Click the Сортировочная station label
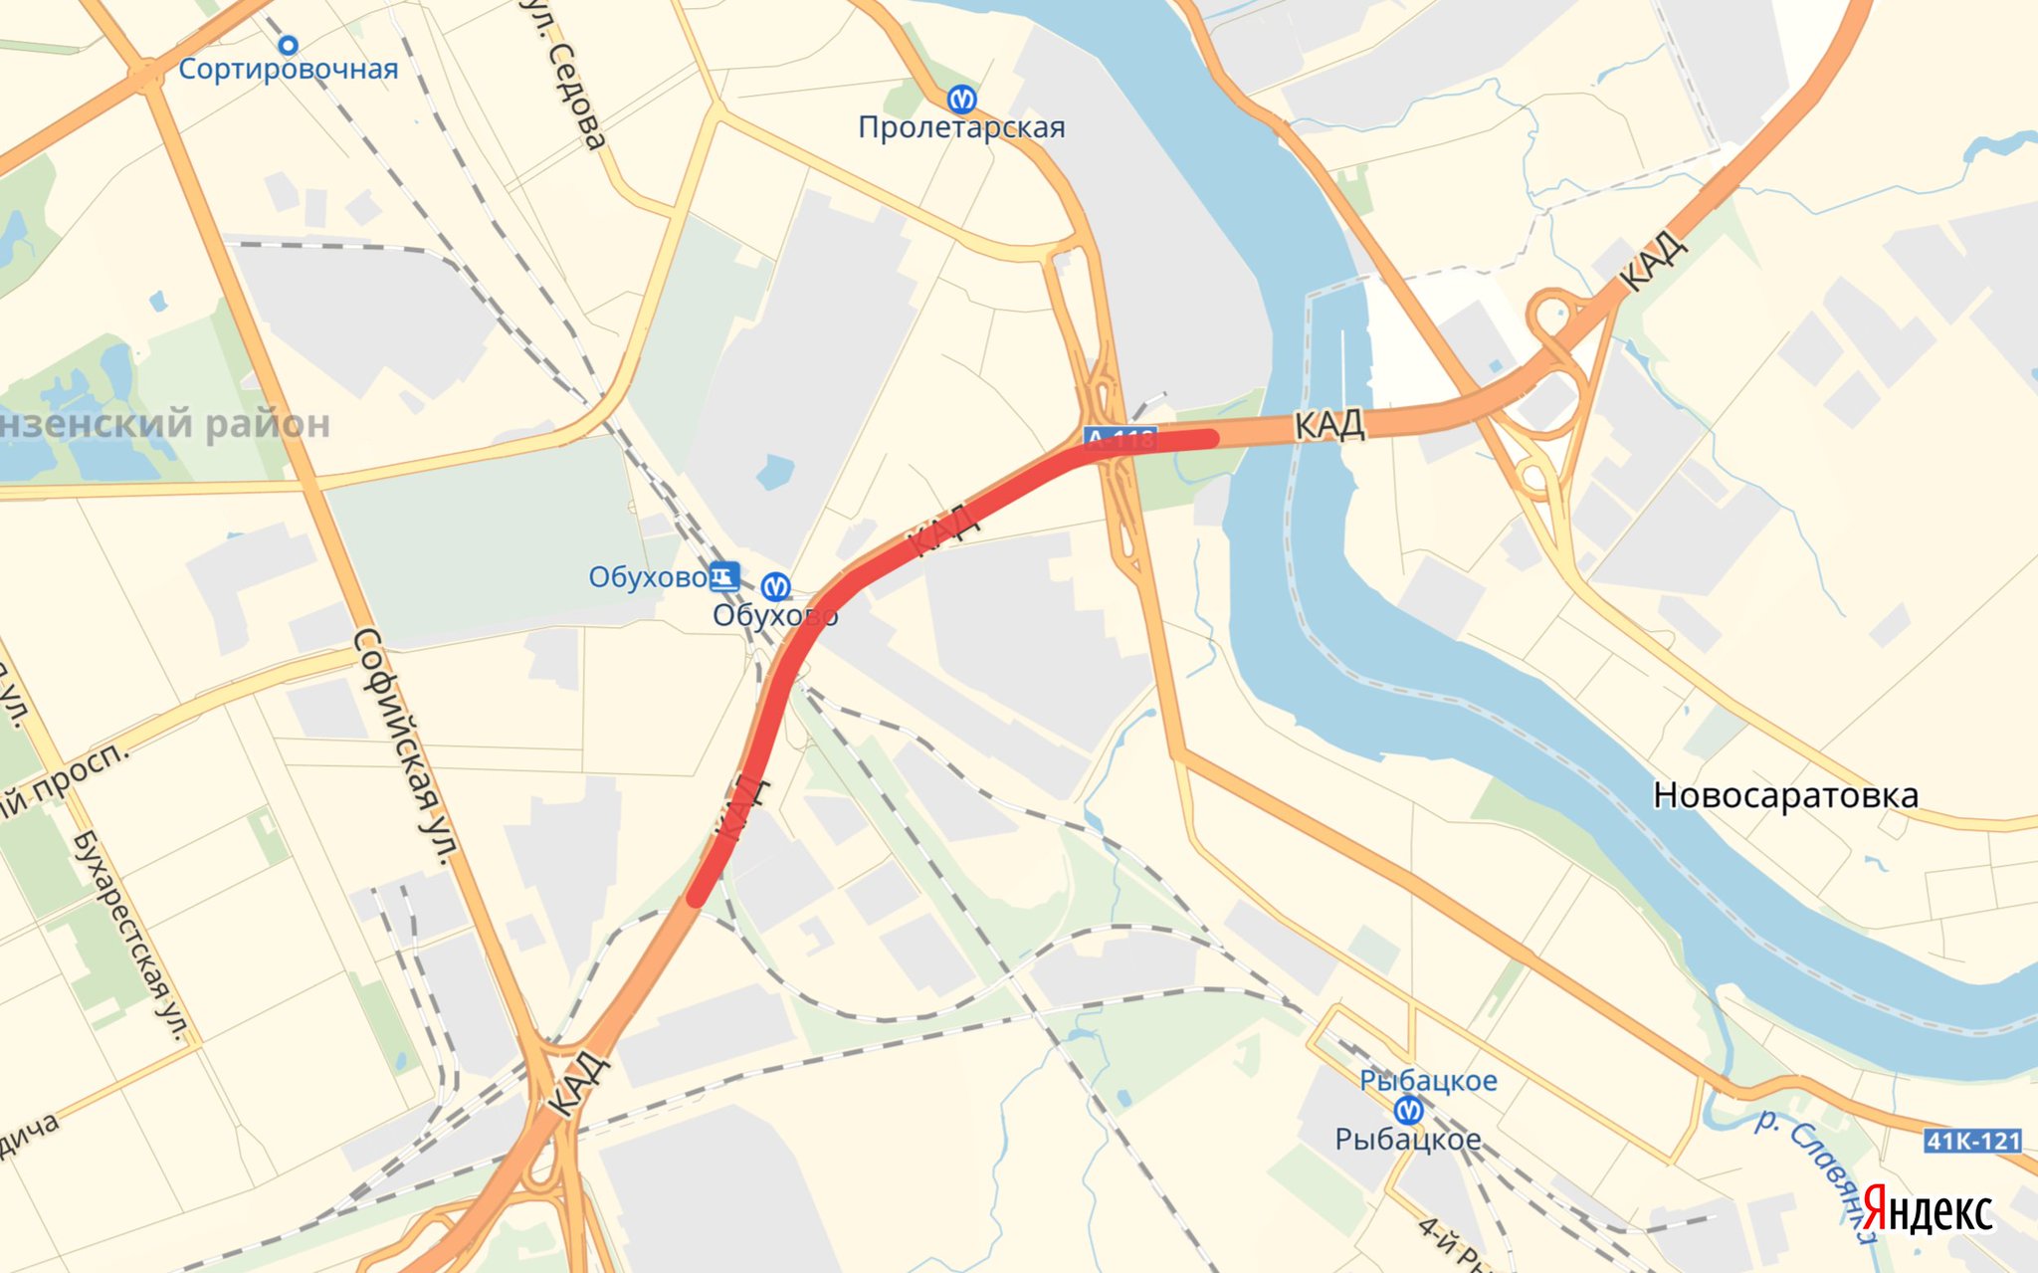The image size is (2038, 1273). tap(289, 70)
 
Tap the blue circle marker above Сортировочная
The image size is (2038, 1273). tap(288, 45)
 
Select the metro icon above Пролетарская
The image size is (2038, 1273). tap(960, 99)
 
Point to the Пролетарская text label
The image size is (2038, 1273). tap(961, 127)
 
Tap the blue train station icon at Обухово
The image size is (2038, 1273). tap(723, 576)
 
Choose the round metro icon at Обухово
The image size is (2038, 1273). tap(775, 586)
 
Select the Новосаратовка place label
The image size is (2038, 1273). tap(1785, 795)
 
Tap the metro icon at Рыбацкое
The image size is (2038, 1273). tap(1408, 1109)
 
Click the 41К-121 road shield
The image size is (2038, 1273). tap(1972, 1141)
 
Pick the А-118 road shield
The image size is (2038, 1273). tap(1121, 438)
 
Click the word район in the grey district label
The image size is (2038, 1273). tap(267, 424)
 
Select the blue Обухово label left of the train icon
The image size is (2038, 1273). tap(647, 577)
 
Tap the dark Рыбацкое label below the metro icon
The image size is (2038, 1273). tap(1408, 1140)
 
